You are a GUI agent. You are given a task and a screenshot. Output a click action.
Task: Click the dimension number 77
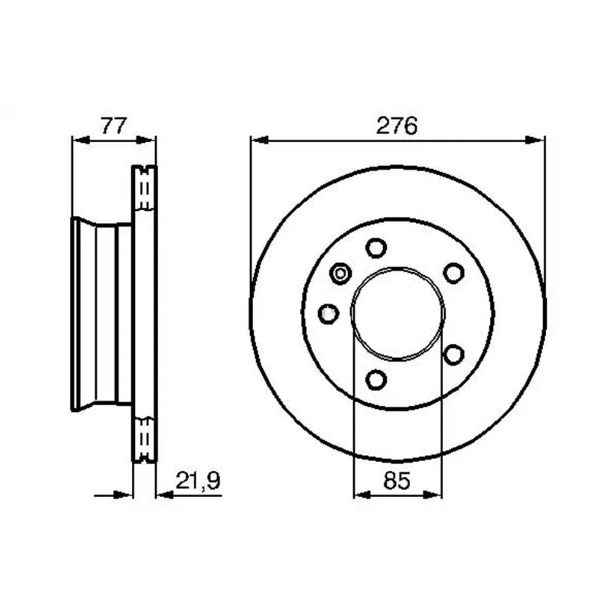coord(113,126)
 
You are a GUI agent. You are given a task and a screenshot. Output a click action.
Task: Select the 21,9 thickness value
coord(197,481)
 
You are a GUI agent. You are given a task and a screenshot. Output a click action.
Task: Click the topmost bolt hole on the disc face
coord(376,248)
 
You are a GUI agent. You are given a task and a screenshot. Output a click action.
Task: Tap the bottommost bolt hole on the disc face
coord(376,379)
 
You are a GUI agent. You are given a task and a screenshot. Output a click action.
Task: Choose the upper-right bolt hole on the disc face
coord(454,273)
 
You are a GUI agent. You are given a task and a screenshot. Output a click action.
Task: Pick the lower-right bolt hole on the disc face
coord(454,354)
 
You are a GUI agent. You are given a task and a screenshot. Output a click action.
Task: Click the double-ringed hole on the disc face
coord(340,273)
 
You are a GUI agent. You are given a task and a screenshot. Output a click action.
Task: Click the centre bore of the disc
coord(397,313)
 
